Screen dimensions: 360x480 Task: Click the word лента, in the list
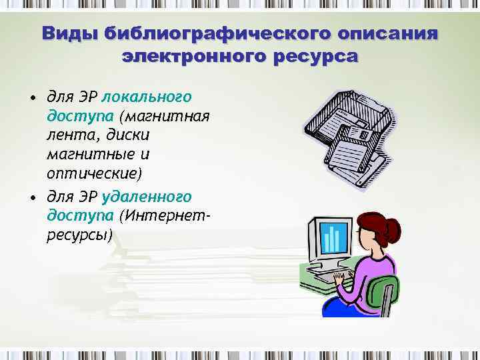click(x=74, y=135)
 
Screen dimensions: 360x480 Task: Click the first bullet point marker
click(x=32, y=99)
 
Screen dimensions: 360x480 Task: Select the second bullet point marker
click(x=32, y=198)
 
